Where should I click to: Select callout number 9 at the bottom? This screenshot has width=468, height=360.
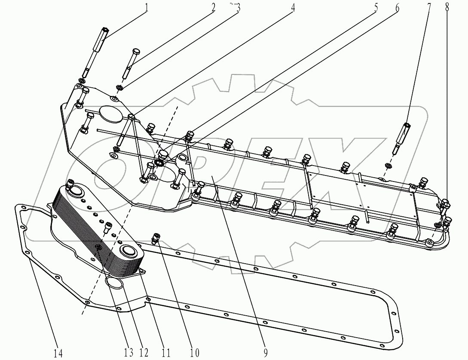(x=266, y=353)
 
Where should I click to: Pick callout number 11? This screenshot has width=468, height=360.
(x=166, y=353)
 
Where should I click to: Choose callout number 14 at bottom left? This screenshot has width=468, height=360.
(x=58, y=353)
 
